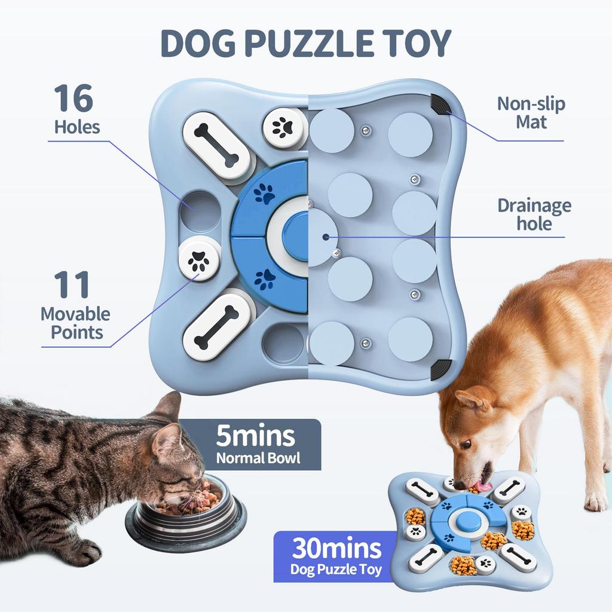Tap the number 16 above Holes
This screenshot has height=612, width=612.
[74, 99]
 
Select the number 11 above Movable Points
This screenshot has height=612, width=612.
[71, 286]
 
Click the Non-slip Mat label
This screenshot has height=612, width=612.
[531, 112]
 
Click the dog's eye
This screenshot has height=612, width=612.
[465, 444]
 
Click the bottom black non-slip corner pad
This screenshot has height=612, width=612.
[441, 369]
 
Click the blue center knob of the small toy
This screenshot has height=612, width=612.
[466, 521]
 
